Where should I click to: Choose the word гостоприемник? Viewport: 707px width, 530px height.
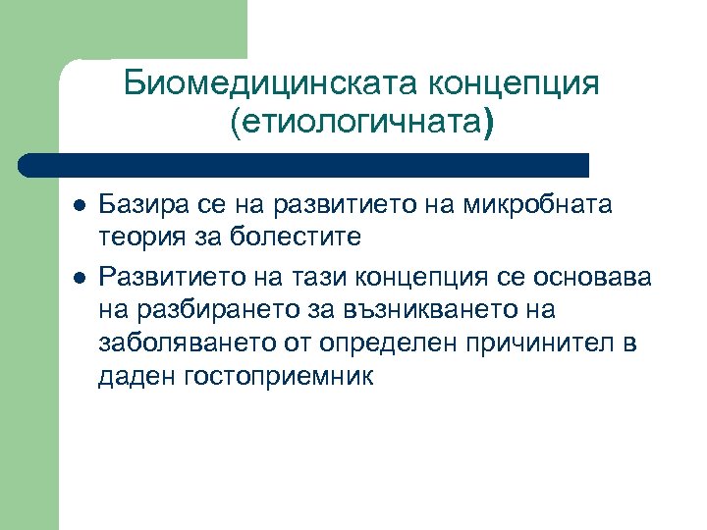point(278,376)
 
